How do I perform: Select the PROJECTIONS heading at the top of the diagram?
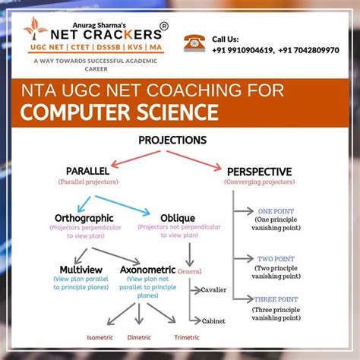tap(172, 140)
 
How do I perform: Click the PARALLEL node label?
tap(87, 172)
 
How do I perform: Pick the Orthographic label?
tap(84, 217)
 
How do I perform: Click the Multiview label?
tap(82, 269)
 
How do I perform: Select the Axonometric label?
tap(147, 269)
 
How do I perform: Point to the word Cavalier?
tap(213, 289)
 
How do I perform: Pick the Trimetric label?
tap(187, 338)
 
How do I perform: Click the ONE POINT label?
tap(275, 211)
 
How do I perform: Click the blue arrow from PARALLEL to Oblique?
tap(137, 194)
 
